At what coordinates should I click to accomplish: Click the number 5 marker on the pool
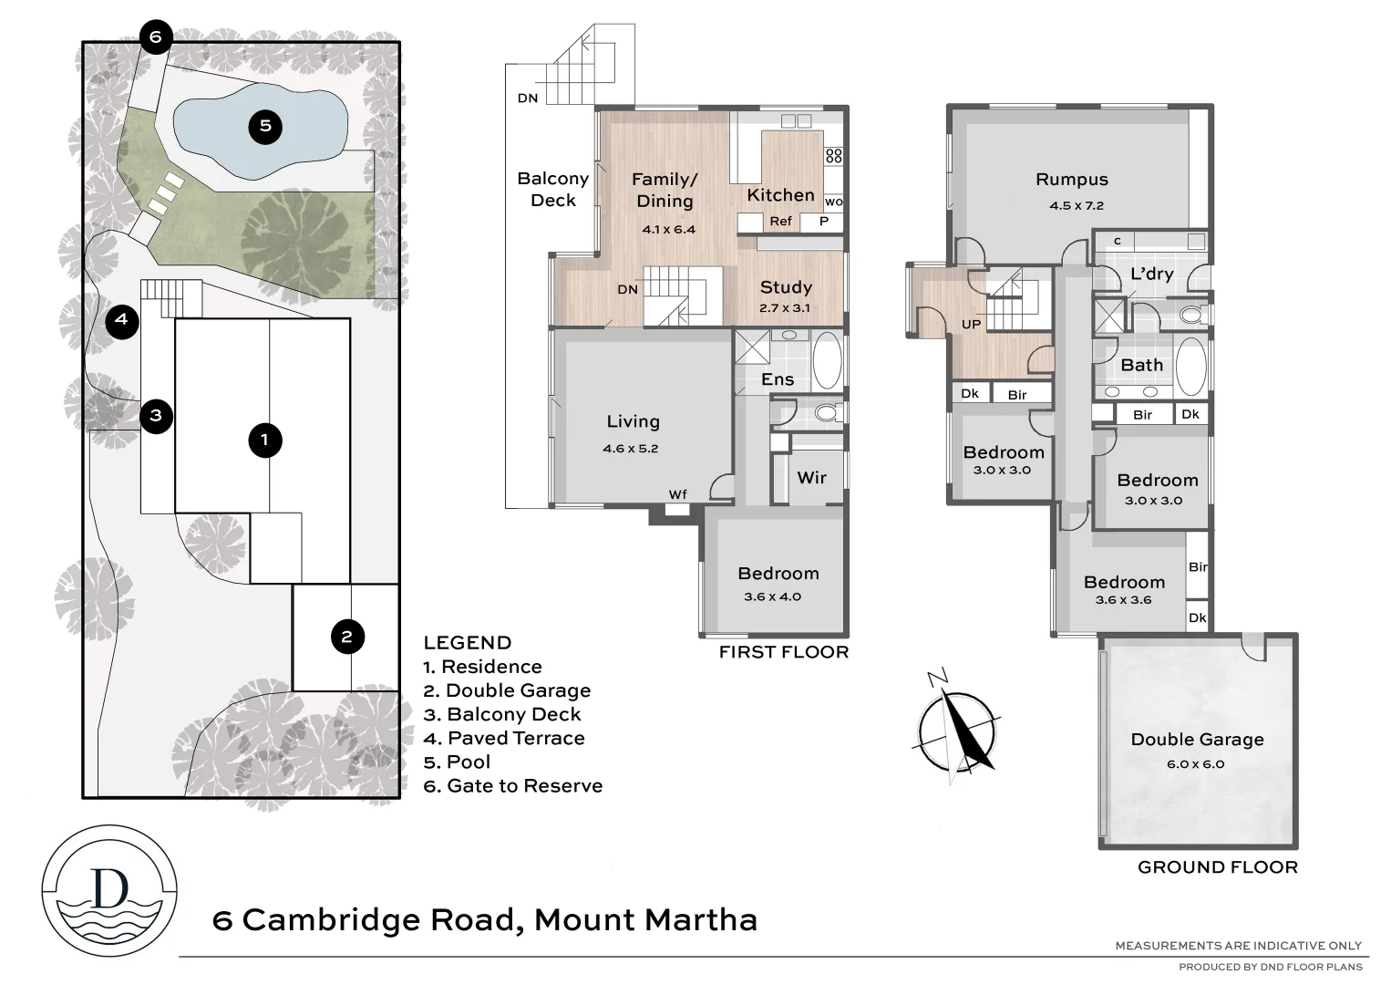(265, 126)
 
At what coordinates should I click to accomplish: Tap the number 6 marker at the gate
(155, 37)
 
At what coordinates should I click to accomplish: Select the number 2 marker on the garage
(346, 637)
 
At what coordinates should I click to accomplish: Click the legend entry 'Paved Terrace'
(504, 739)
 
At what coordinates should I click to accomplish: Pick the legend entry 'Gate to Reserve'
(513, 786)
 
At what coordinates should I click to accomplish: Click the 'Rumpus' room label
(1072, 180)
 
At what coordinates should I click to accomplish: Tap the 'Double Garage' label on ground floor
(1197, 740)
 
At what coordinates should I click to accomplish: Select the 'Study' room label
(786, 287)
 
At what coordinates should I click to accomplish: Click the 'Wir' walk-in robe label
(811, 477)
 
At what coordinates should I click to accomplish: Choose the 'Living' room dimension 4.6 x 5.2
(630, 449)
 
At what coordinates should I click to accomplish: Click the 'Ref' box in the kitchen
(780, 221)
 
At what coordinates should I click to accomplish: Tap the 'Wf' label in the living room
(677, 494)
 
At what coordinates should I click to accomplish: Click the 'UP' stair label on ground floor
(971, 325)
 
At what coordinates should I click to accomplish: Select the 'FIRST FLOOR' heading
(783, 652)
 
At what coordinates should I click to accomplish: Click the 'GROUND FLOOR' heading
(1217, 867)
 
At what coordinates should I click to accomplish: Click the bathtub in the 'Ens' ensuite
(827, 361)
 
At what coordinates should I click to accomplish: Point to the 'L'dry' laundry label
(1151, 275)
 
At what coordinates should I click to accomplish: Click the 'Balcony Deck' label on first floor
(552, 190)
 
